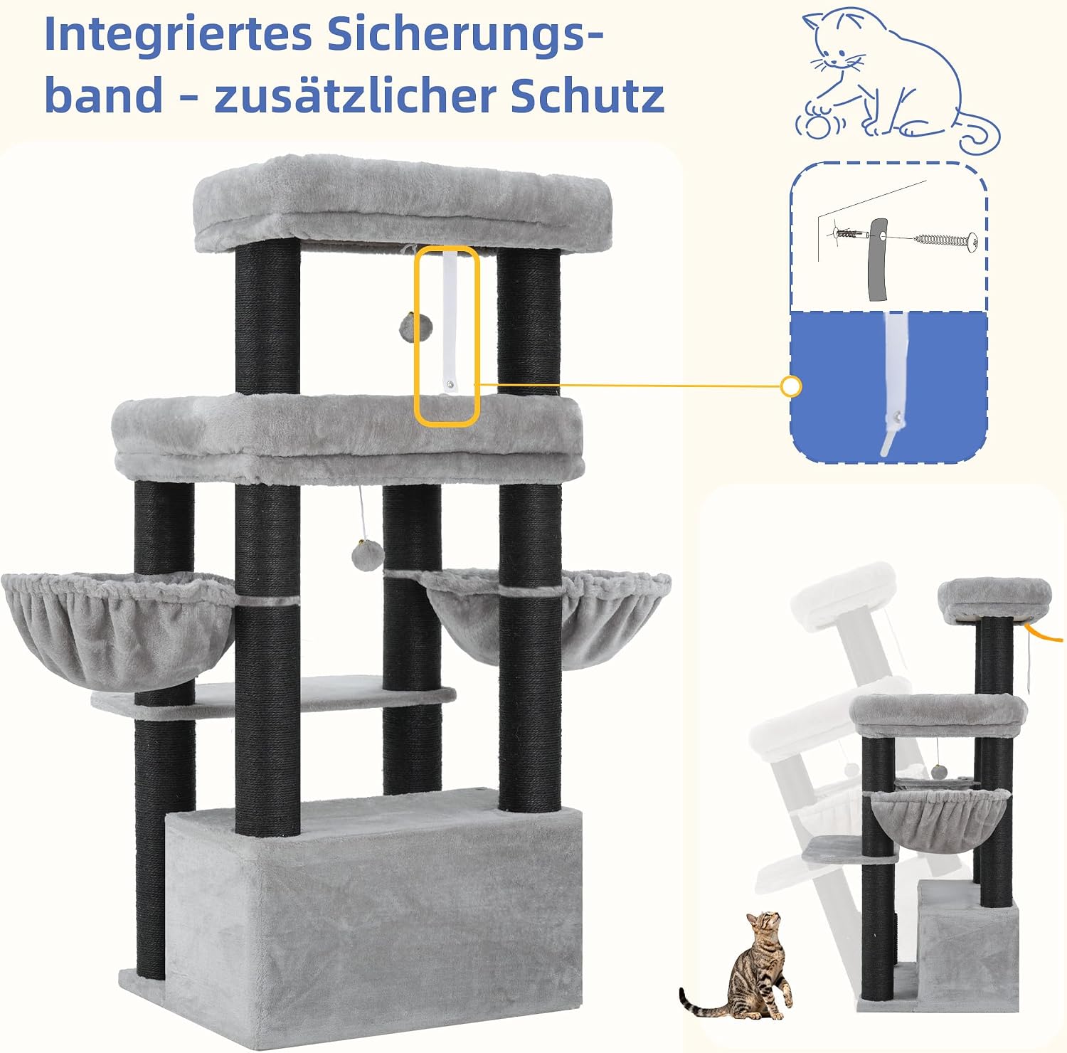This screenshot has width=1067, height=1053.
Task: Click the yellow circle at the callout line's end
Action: coord(791,387)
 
